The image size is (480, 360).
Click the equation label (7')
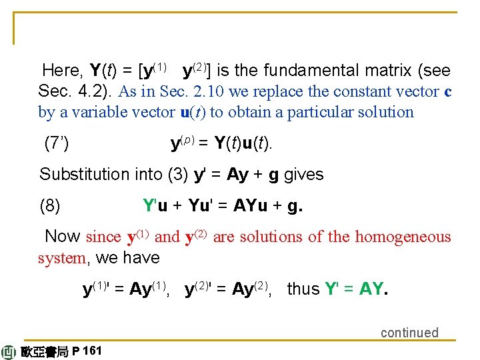point(56,143)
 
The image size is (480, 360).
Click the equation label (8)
point(50,206)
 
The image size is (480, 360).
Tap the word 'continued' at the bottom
point(409,332)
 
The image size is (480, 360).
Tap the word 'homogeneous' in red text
point(403,237)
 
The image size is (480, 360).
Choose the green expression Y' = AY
point(354,289)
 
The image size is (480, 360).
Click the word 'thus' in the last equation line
point(303,289)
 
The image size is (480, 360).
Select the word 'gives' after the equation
point(303,175)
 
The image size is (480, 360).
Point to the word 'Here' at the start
point(61,71)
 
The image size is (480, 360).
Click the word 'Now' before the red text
point(63,237)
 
